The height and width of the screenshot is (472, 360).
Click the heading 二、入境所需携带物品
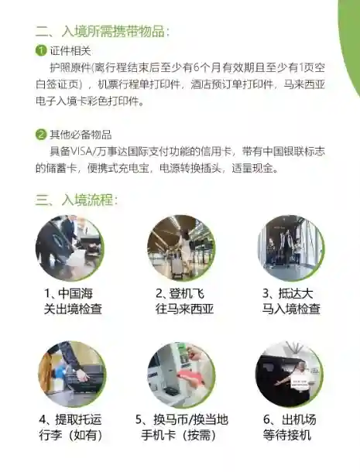pos(102,31)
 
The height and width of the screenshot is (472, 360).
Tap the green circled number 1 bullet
pos(41,50)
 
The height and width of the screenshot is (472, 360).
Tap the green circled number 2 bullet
pos(41,135)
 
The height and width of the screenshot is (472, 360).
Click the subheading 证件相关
pos(70,50)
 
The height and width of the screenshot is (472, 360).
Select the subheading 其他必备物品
pos(81,135)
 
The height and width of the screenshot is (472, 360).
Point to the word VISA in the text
pos(81,151)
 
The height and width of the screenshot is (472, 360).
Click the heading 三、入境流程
pos(77,200)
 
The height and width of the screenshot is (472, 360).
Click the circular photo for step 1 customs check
pos(70,248)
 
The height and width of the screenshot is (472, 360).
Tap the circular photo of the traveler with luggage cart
pos(181,248)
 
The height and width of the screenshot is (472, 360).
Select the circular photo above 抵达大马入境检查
pos(291,248)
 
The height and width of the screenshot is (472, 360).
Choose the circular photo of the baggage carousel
pos(72,375)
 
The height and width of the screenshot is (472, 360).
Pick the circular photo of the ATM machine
pos(181,375)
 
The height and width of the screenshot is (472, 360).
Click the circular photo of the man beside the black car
pos(290,375)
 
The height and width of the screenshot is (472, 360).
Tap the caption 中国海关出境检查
pos(73,301)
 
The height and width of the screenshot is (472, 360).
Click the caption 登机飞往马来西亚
pos(184,301)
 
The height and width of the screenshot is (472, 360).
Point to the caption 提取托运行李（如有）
pos(70,427)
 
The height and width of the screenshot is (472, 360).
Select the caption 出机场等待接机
pos(290,427)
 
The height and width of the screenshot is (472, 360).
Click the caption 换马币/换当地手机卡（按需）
pos(182,427)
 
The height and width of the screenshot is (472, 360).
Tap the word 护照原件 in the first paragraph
pos(70,68)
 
